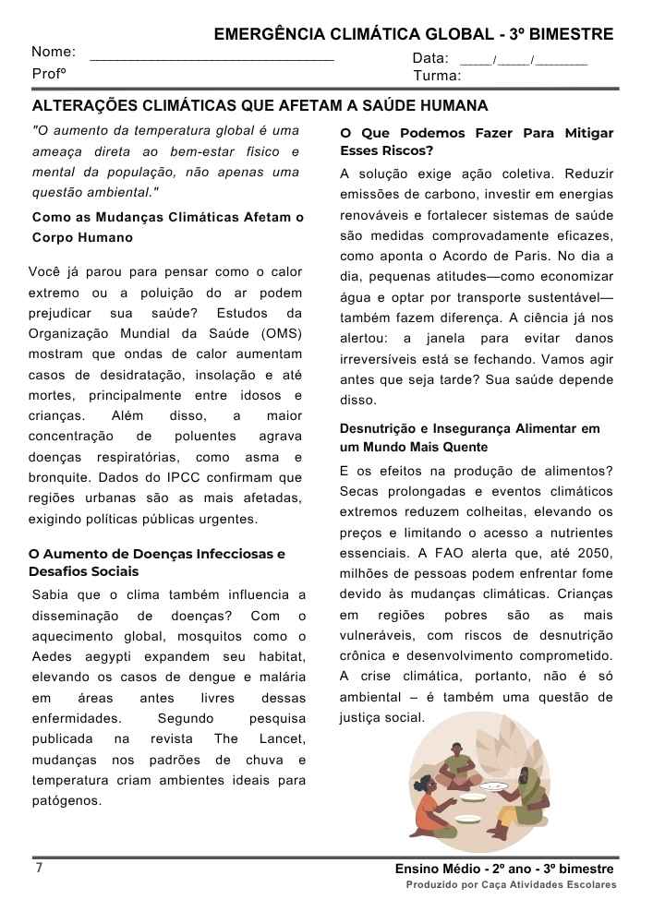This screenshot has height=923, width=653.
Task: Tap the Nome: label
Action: [x=54, y=52]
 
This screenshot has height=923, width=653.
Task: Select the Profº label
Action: [x=48, y=74]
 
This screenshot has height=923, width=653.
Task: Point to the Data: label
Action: [x=430, y=58]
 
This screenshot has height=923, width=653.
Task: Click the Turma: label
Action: [x=438, y=76]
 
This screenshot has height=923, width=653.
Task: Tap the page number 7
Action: [x=39, y=868]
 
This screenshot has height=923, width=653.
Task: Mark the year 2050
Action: [x=595, y=553]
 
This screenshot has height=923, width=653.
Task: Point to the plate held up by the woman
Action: [x=492, y=785]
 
